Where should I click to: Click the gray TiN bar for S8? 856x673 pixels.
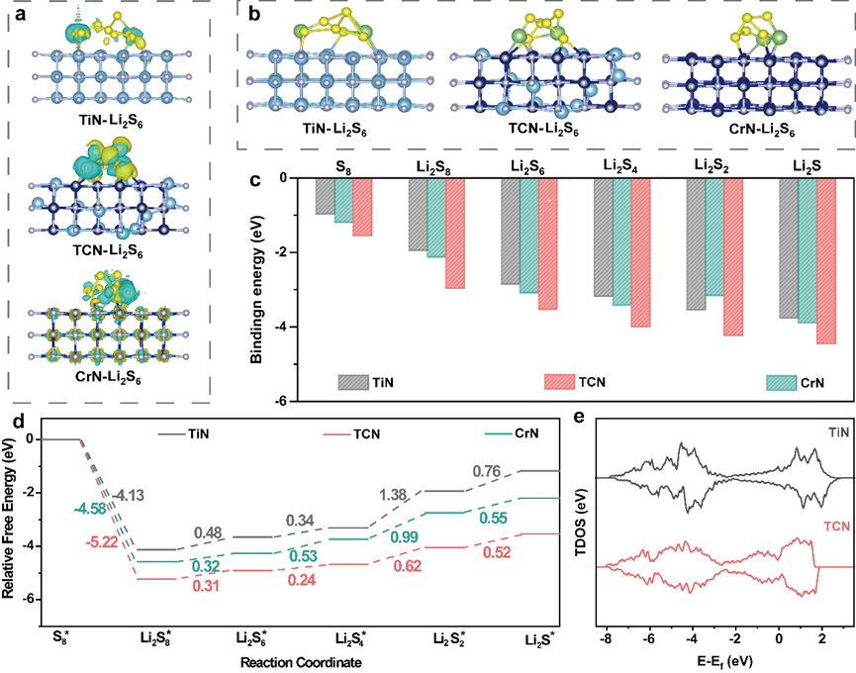[x=325, y=196]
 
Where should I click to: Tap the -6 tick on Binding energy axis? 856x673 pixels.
[x=279, y=401]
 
